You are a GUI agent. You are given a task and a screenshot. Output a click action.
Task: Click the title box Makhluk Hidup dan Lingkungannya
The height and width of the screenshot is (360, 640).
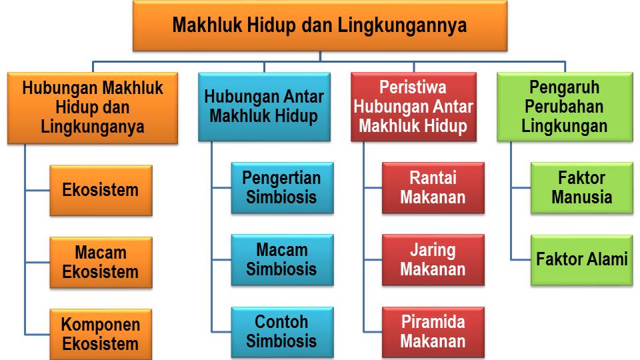[319, 26]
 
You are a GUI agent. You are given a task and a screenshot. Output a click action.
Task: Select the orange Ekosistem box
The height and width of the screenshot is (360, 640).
[101, 190]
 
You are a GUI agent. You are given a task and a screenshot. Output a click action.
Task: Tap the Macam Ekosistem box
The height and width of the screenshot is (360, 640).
[101, 262]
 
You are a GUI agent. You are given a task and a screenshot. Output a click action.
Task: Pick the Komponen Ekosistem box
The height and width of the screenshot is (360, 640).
[101, 334]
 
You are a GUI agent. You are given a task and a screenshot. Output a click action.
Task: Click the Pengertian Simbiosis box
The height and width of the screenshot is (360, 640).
[281, 188]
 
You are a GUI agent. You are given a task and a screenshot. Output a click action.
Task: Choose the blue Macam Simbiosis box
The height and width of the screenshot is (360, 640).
[281, 260]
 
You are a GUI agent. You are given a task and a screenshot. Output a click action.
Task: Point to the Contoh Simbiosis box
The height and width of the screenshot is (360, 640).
[281, 331]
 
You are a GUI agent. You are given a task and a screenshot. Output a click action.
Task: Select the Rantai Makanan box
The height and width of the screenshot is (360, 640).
[433, 188]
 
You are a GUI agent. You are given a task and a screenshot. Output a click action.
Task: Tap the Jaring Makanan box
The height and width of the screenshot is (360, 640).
[433, 260]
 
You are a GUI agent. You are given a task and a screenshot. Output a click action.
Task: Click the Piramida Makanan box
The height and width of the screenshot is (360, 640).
[433, 331]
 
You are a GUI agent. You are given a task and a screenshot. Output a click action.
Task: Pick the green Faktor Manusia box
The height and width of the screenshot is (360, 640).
[581, 188]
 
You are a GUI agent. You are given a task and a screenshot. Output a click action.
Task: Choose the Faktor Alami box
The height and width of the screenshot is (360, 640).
[581, 259]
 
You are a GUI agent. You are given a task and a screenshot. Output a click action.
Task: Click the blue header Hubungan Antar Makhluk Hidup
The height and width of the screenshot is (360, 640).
[264, 106]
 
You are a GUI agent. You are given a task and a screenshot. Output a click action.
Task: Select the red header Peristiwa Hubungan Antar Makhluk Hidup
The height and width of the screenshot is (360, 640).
[413, 106]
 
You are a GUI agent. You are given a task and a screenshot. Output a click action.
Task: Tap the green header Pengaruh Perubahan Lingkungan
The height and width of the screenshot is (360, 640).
[565, 106]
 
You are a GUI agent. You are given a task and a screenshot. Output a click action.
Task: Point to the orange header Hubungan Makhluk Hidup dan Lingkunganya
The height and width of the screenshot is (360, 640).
[93, 107]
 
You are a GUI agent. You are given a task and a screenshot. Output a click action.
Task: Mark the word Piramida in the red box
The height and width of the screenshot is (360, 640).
[433, 322]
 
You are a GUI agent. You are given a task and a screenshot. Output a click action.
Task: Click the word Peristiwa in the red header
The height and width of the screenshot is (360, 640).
[413, 88]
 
